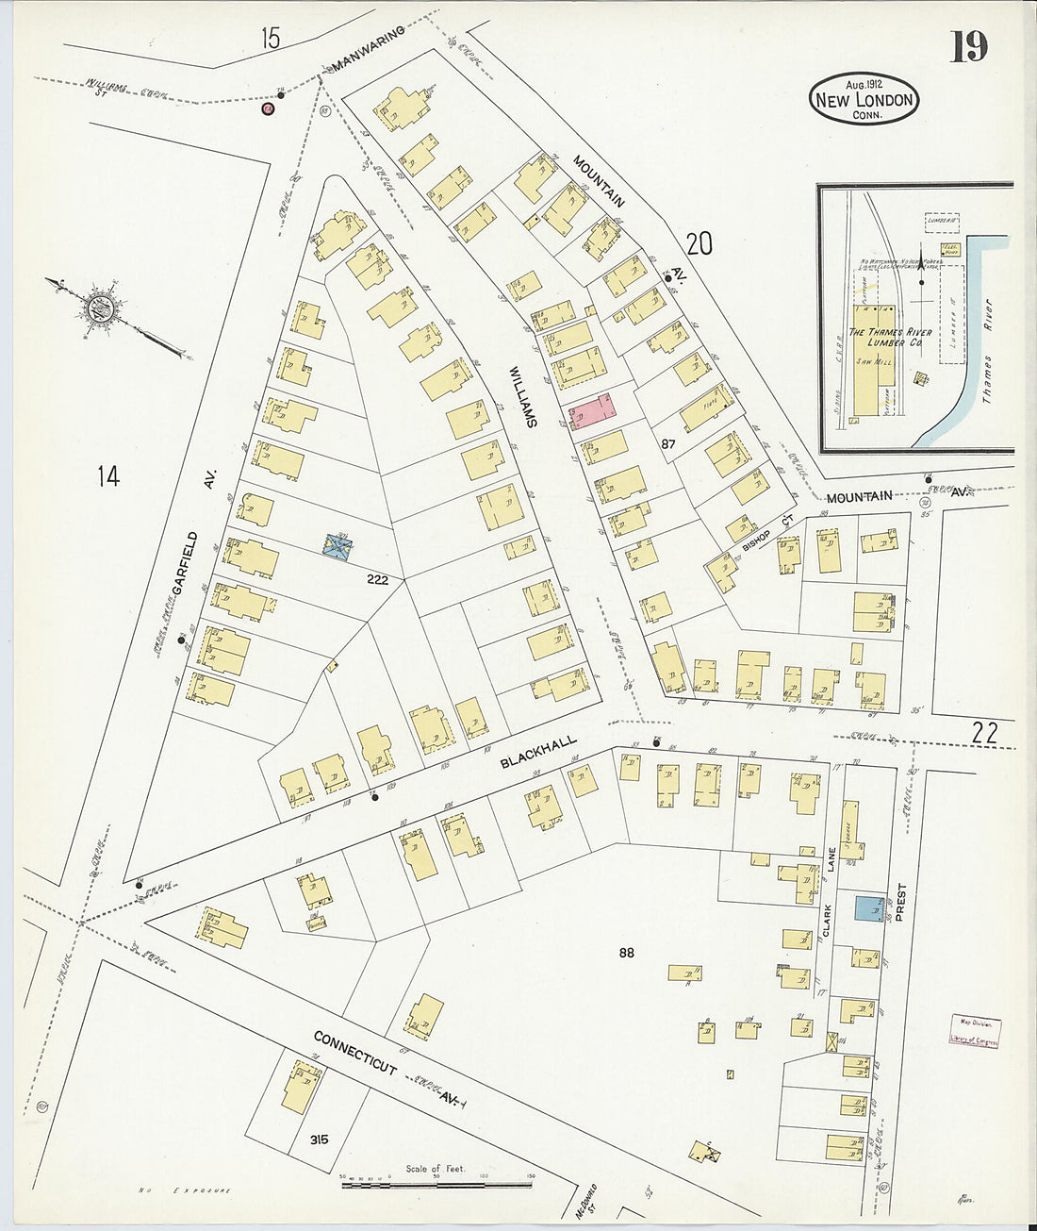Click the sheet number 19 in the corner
pyautogui.click(x=968, y=45)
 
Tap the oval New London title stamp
pyautogui.click(x=864, y=98)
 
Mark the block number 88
pyautogui.click(x=626, y=953)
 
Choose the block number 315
pyautogui.click(x=319, y=1140)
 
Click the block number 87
pyautogui.click(x=669, y=443)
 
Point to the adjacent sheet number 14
pyautogui.click(x=107, y=476)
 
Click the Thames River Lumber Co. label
pyautogui.click(x=890, y=338)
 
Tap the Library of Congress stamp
pyautogui.click(x=975, y=1032)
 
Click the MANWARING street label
pyautogui.click(x=368, y=49)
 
